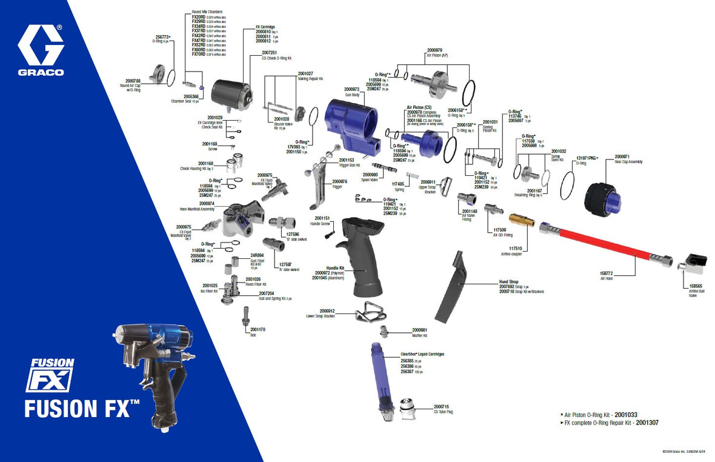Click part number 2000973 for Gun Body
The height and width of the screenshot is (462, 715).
click(x=351, y=89)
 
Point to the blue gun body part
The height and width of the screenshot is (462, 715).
click(x=351, y=124)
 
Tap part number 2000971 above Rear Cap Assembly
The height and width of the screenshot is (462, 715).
click(x=622, y=156)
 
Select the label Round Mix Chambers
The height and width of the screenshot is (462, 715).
click(x=207, y=12)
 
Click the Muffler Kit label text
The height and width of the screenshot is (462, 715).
click(x=419, y=335)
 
